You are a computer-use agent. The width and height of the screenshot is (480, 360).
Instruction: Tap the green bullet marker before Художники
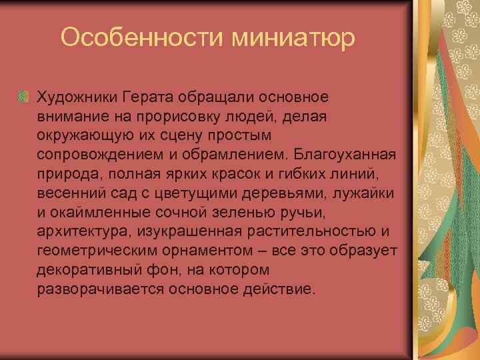[x=23, y=98]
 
